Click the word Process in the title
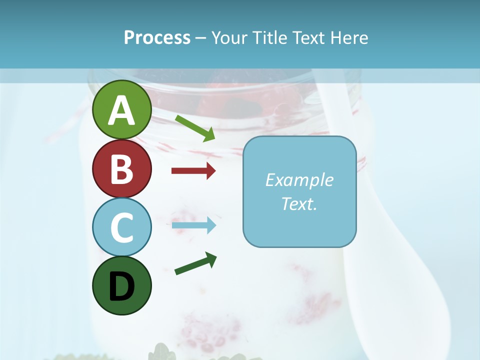click(157, 38)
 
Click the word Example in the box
click(299, 180)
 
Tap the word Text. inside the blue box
click(299, 203)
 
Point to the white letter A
click(122, 111)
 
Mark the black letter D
click(122, 286)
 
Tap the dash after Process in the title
click(201, 38)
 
